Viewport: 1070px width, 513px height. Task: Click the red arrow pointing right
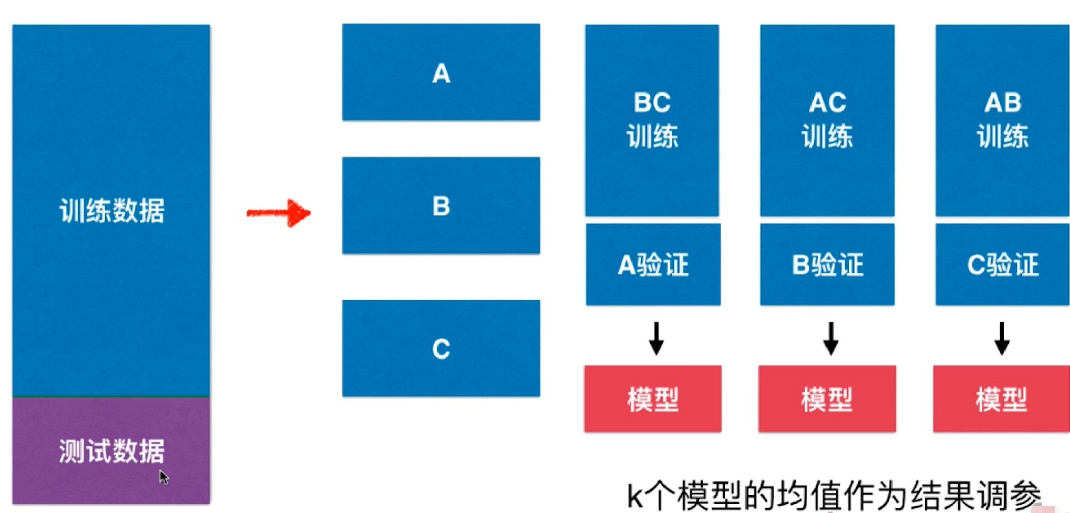[279, 213]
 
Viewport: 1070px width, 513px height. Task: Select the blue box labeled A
[441, 72]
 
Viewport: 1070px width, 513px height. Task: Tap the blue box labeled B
[441, 205]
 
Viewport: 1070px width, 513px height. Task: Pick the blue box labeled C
[441, 348]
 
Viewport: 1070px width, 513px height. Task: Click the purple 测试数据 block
[111, 450]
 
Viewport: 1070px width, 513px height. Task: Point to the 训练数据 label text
[112, 211]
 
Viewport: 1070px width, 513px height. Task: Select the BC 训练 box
[652, 120]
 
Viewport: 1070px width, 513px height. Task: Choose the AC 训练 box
[827, 120]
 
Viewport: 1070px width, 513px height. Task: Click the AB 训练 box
[1002, 120]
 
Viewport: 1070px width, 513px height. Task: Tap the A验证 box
[653, 265]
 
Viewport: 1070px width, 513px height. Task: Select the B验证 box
[827, 265]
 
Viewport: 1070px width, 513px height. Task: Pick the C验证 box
[1002, 265]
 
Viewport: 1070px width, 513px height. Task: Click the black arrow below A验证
[656, 339]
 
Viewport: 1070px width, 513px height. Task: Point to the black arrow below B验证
[831, 339]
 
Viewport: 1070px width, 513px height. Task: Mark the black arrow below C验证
[1002, 339]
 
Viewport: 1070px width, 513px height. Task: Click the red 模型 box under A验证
[653, 399]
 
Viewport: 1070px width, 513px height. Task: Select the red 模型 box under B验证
[827, 399]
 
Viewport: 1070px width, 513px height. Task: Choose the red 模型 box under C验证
[1001, 399]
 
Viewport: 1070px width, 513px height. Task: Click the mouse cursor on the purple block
[164, 477]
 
